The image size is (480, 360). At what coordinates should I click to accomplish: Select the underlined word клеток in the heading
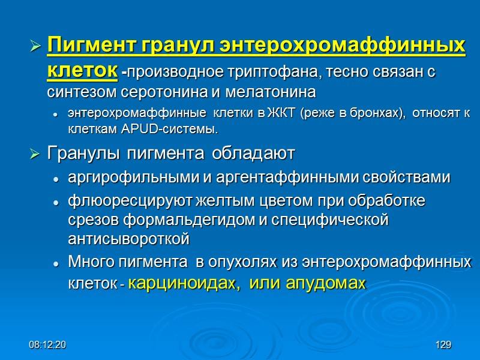82,70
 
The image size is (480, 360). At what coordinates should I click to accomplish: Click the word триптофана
276,73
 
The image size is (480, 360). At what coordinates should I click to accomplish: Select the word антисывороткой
129,239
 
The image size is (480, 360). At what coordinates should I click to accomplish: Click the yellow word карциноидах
184,283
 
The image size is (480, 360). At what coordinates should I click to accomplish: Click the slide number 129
443,345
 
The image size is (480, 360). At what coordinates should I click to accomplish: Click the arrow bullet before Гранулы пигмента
35,154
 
